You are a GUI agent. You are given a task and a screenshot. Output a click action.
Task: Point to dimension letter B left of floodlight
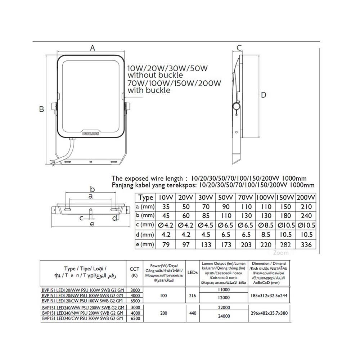click(42, 109)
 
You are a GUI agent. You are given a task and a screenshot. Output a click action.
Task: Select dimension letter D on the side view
click(264, 95)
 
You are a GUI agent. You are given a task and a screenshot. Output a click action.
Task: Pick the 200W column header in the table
click(306, 197)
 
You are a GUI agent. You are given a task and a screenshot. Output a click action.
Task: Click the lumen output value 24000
click(224, 316)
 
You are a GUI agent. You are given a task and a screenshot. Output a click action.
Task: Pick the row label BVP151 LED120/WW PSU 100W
click(83, 290)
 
